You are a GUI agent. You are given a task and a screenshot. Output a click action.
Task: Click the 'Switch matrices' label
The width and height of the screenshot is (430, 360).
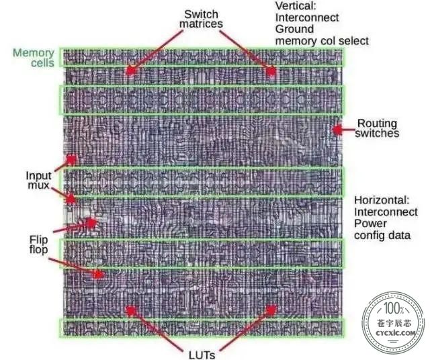tap(201, 19)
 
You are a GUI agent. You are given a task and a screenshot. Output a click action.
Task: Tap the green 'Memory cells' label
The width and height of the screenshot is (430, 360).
tap(34, 58)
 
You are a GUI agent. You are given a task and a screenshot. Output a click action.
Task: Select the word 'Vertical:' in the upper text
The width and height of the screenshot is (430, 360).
tap(296, 6)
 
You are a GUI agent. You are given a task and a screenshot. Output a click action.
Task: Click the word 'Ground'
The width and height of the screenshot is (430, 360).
tap(294, 29)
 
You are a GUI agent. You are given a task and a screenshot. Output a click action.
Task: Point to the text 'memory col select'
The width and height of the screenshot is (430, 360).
tap(322, 41)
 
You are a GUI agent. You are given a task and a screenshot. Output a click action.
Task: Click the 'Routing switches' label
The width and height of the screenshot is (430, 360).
tap(377, 128)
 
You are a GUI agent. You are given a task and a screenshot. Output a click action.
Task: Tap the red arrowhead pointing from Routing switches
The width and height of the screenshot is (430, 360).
tap(337, 130)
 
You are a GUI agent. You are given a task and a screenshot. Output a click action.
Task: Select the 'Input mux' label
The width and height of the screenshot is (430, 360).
tap(39, 180)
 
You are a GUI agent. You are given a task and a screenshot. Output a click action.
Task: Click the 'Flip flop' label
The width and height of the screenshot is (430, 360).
tap(39, 244)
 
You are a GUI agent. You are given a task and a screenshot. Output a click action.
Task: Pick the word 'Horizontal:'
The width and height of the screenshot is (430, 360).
tap(382, 200)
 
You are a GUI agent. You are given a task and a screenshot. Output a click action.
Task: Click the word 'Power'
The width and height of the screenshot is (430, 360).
tap(370, 223)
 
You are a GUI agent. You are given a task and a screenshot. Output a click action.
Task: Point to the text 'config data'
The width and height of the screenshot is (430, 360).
tap(382, 235)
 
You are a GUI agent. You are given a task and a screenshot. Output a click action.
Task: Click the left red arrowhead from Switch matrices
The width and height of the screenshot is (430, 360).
tap(131, 71)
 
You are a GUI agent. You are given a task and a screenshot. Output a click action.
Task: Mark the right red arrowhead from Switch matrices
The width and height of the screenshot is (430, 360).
tap(271, 71)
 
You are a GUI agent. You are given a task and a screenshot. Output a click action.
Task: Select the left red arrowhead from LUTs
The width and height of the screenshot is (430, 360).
tap(130, 311)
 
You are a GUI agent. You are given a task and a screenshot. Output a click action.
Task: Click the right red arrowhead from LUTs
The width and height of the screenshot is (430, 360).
tap(271, 310)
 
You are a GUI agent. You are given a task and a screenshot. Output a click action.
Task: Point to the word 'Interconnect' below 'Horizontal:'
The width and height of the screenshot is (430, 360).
tap(386, 212)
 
